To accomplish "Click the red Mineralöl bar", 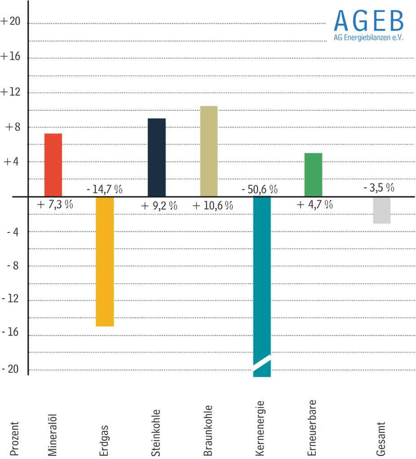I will pos(53,165).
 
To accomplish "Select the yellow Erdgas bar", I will pos(105,261).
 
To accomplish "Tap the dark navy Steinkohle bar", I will pos(157,157).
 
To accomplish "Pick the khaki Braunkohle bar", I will pos(209,151).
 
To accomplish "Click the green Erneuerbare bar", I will pos(313,174).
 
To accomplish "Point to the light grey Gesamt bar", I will pos(381,210).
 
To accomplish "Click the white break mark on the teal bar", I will pos(262,363).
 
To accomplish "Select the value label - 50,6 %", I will pos(259,189).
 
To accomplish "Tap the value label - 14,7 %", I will pos(104,189).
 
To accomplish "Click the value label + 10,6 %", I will pos(213,206).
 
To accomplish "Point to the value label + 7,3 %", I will pos(55,205).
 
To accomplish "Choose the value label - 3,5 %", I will pos(379,187).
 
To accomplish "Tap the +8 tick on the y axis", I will pos(14,127).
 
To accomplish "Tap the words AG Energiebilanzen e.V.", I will pos(368,38).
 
